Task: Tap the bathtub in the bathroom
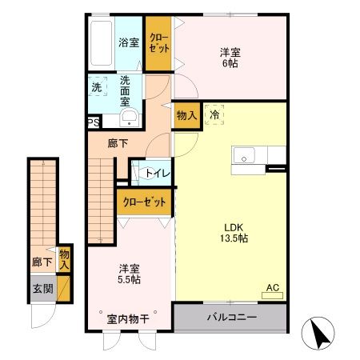click(102, 43)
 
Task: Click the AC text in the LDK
click(272, 286)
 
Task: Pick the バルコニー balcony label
click(232, 318)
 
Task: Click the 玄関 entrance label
click(42, 289)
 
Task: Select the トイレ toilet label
click(154, 173)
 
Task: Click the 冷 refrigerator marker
click(214, 114)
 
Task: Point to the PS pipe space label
click(94, 122)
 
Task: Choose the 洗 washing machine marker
click(96, 87)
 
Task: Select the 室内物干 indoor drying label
click(129, 319)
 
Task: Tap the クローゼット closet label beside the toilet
click(144, 202)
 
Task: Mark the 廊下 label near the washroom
click(119, 145)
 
